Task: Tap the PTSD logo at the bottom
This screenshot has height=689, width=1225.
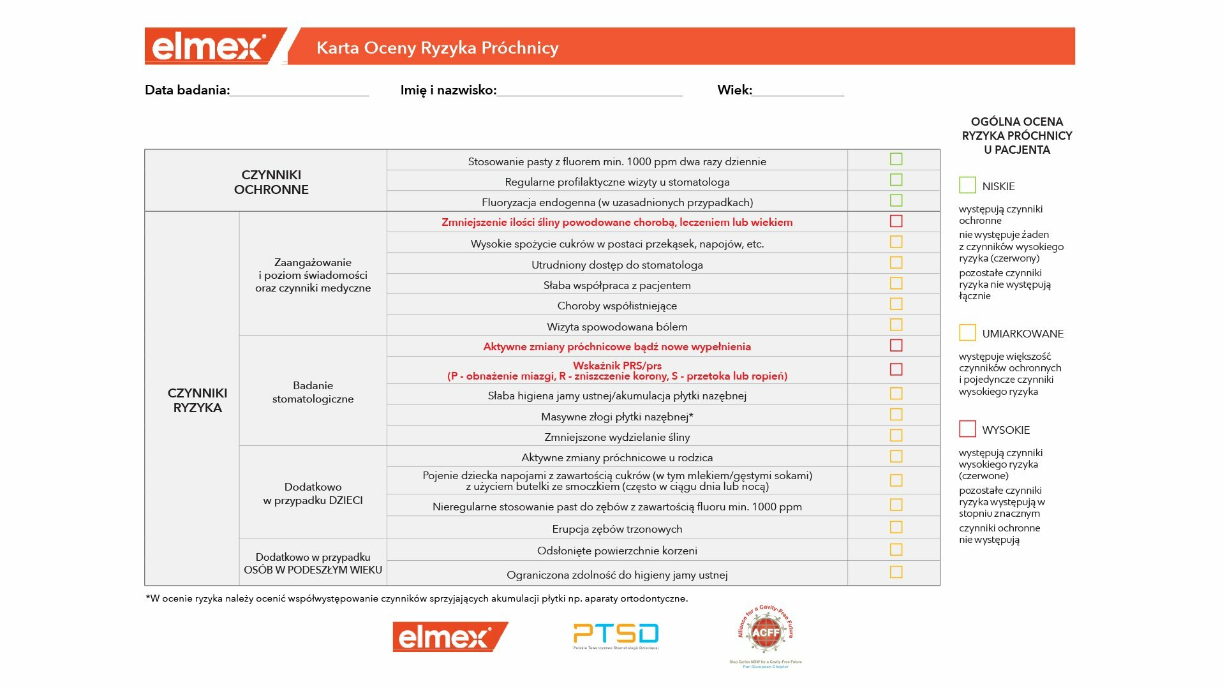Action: (616, 635)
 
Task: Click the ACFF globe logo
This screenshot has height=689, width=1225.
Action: (766, 633)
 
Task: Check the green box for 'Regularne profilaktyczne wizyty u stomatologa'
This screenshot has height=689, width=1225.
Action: (896, 180)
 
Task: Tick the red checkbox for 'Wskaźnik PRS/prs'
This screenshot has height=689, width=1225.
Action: (896, 369)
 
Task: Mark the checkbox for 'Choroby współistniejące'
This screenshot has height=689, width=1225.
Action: (896, 304)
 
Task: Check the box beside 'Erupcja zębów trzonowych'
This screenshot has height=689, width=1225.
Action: (896, 528)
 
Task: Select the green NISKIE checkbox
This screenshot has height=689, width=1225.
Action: (967, 185)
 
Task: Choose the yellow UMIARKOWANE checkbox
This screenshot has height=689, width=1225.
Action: (967, 332)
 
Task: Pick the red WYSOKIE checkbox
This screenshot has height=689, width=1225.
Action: (967, 429)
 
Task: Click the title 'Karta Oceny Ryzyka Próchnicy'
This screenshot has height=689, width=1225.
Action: (437, 48)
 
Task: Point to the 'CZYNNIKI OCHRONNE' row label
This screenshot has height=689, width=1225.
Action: (271, 182)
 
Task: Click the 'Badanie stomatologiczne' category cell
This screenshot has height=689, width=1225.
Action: (313, 392)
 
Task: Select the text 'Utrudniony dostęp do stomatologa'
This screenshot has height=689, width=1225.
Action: (617, 265)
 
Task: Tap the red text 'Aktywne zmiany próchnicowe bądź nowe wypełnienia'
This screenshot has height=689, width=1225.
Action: (617, 346)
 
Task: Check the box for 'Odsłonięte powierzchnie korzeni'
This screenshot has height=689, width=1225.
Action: (896, 550)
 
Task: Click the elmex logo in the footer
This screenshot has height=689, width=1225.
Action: (449, 637)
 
